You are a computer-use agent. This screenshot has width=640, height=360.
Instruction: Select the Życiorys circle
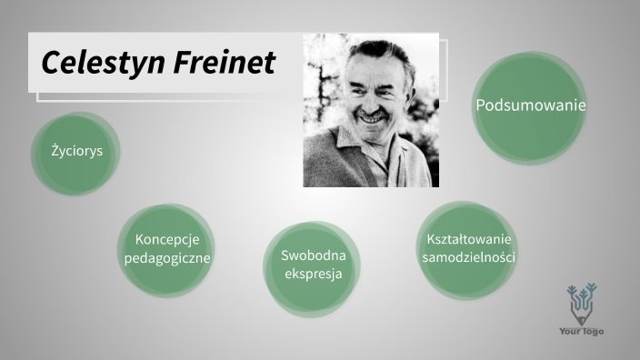pyautogui.click(x=77, y=152)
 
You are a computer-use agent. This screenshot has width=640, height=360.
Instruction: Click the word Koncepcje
pyautogui.click(x=167, y=239)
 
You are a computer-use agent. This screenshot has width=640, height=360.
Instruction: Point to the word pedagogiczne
pyautogui.click(x=167, y=258)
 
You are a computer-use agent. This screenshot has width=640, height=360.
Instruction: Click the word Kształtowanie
pyautogui.click(x=469, y=239)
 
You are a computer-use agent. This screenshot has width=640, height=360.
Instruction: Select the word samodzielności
pyautogui.click(x=469, y=257)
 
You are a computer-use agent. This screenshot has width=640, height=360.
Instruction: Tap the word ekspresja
pyautogui.click(x=313, y=274)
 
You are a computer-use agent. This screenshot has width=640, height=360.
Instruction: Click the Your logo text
pyautogui.click(x=581, y=331)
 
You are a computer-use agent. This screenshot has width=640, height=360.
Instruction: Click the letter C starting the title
pyautogui.click(x=51, y=63)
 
